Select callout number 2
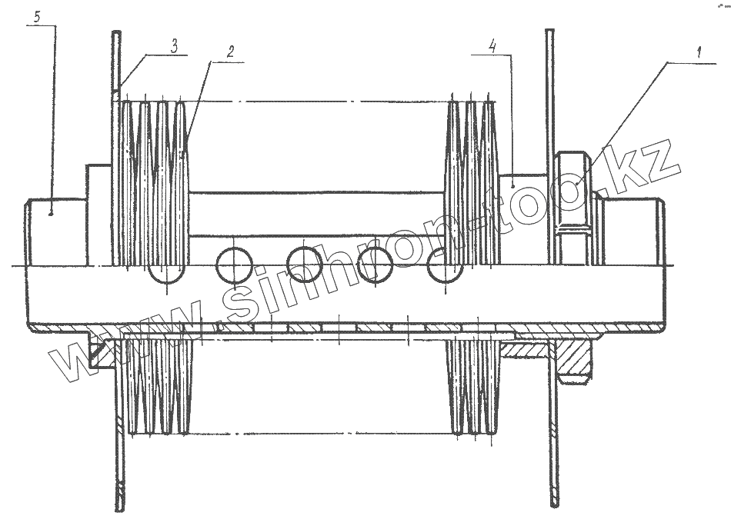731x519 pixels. click(229, 52)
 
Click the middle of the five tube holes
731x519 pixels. click(305, 265)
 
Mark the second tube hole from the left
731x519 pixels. click(233, 265)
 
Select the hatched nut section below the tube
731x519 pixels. click(572, 357)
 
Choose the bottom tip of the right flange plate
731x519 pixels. click(554, 503)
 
